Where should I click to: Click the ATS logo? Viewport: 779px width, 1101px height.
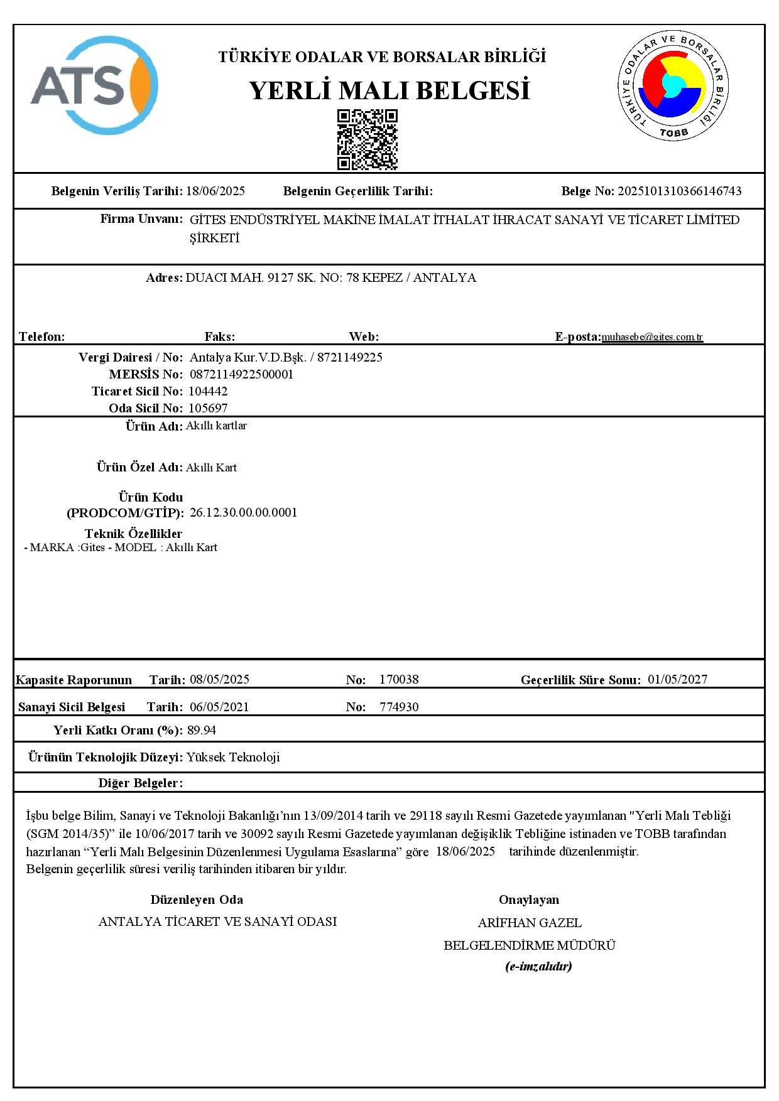pyautogui.click(x=94, y=85)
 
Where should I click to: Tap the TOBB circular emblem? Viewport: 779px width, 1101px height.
pyautogui.click(x=673, y=85)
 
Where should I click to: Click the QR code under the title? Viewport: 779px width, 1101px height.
pyautogui.click(x=368, y=139)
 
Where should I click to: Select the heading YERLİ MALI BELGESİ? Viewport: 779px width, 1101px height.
pyautogui.click(x=389, y=91)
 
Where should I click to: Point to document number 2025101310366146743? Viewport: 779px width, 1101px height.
pyautogui.click(x=679, y=191)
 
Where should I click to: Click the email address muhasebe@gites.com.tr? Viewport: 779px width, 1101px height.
pyautogui.click(x=652, y=337)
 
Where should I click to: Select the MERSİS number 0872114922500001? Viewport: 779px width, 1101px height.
pyautogui.click(x=241, y=375)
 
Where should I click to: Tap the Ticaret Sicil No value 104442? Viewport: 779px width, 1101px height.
pyautogui.click(x=208, y=391)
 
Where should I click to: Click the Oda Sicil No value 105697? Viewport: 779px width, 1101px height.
pyautogui.click(x=208, y=408)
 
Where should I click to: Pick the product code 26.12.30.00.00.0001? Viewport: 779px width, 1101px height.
pyautogui.click(x=243, y=513)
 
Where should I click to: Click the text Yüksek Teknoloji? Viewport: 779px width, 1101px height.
pyautogui.click(x=233, y=757)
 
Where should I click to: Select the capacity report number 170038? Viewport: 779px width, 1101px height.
pyautogui.click(x=399, y=679)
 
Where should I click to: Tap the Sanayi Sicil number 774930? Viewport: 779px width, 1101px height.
pyautogui.click(x=399, y=707)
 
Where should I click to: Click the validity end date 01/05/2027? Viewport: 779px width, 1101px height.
pyautogui.click(x=677, y=679)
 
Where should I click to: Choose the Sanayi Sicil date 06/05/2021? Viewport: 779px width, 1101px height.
pyautogui.click(x=219, y=707)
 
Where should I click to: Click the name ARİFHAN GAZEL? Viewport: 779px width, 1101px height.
pyautogui.click(x=530, y=923)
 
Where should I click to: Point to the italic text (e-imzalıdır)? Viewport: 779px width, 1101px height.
pyautogui.click(x=538, y=966)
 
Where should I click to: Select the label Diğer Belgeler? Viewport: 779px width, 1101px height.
pyautogui.click(x=141, y=783)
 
